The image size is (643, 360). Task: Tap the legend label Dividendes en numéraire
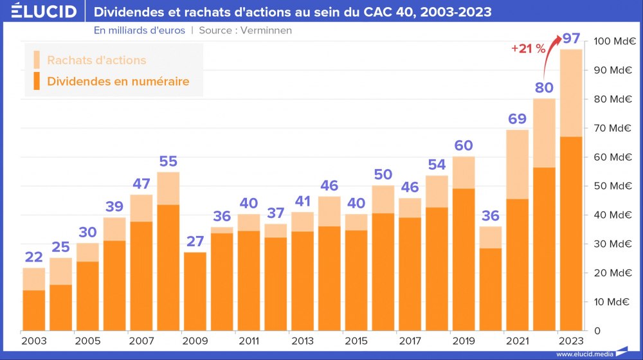118,82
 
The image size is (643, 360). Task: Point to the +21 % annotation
528,48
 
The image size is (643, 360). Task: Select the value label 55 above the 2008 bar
168,161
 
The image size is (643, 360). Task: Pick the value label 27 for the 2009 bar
195,242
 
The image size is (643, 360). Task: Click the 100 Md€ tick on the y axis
614,41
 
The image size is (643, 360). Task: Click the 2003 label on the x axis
33,340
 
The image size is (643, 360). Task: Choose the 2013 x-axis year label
303,340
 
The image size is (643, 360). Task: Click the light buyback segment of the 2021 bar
518,164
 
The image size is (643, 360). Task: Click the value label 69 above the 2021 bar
518,119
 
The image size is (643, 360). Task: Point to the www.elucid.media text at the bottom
584,354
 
